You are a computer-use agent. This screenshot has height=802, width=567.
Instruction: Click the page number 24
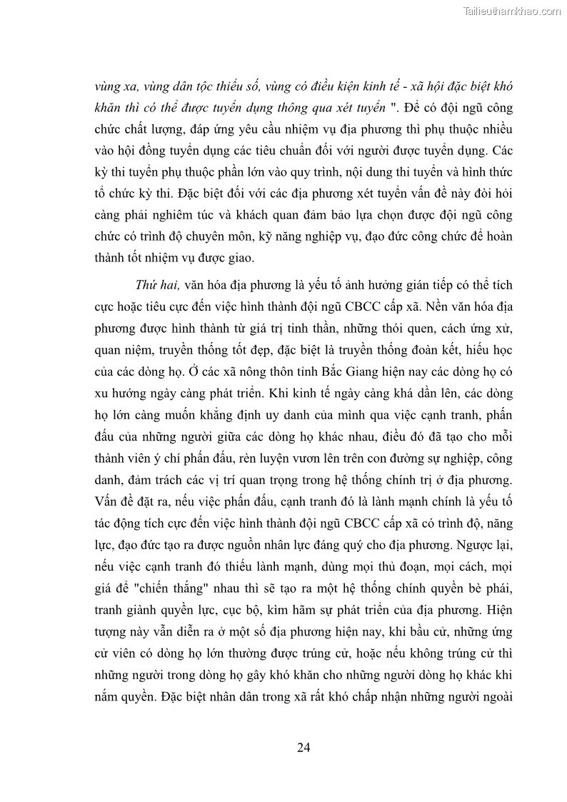coord(303,748)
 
